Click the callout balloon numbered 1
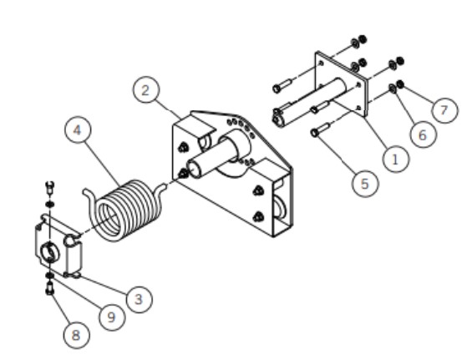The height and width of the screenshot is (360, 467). tap(395, 160)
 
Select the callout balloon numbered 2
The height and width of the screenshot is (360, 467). tap(145, 90)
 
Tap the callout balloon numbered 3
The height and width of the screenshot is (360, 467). tap(139, 299)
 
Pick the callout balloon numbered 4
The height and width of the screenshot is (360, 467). tap(78, 129)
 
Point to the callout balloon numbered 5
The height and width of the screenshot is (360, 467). tap(365, 184)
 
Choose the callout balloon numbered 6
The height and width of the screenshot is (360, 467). tap(423, 134)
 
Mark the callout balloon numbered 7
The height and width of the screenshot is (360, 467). tap(444, 110)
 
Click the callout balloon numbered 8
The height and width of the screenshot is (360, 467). tap(76, 335)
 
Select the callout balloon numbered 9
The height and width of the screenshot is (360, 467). tap(112, 317)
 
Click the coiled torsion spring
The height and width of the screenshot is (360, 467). tap(125, 209)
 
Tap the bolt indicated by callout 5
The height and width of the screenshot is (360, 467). tap(320, 129)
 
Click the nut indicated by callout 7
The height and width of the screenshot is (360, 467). tap(400, 84)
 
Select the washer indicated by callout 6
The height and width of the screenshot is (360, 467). tap(393, 89)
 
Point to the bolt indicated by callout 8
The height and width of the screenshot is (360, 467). tap(50, 289)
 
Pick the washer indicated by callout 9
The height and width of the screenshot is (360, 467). tap(50, 276)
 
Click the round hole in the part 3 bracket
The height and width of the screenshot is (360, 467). tap(49, 252)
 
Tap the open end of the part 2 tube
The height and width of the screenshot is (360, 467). tap(193, 169)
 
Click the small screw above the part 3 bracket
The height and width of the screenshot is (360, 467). tap(50, 187)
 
